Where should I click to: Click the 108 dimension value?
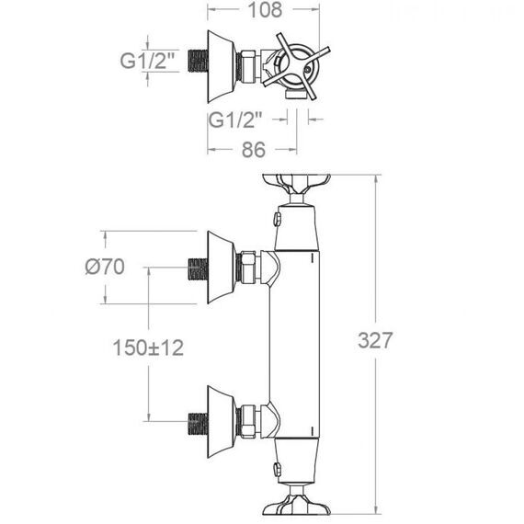point(265,10)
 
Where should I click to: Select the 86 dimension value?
point(254,150)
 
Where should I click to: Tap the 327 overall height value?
point(375,340)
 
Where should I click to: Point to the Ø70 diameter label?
point(105,267)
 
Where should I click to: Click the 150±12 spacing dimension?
point(148,347)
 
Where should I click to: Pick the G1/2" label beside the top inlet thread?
point(147,61)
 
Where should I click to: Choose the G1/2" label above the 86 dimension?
point(235,120)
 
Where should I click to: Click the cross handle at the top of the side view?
point(296,184)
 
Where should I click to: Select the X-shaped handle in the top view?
point(296,66)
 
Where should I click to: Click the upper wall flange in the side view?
point(222,267)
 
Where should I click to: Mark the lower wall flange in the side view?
point(222,421)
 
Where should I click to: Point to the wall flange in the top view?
point(222,66)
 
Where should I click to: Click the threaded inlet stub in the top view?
point(198,61)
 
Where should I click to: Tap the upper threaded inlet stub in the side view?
point(198,269)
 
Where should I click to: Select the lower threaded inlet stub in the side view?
point(198,424)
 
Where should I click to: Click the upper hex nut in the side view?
point(248,267)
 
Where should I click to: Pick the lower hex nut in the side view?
point(248,421)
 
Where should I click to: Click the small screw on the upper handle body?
point(277,219)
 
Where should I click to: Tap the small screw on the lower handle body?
point(277,469)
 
